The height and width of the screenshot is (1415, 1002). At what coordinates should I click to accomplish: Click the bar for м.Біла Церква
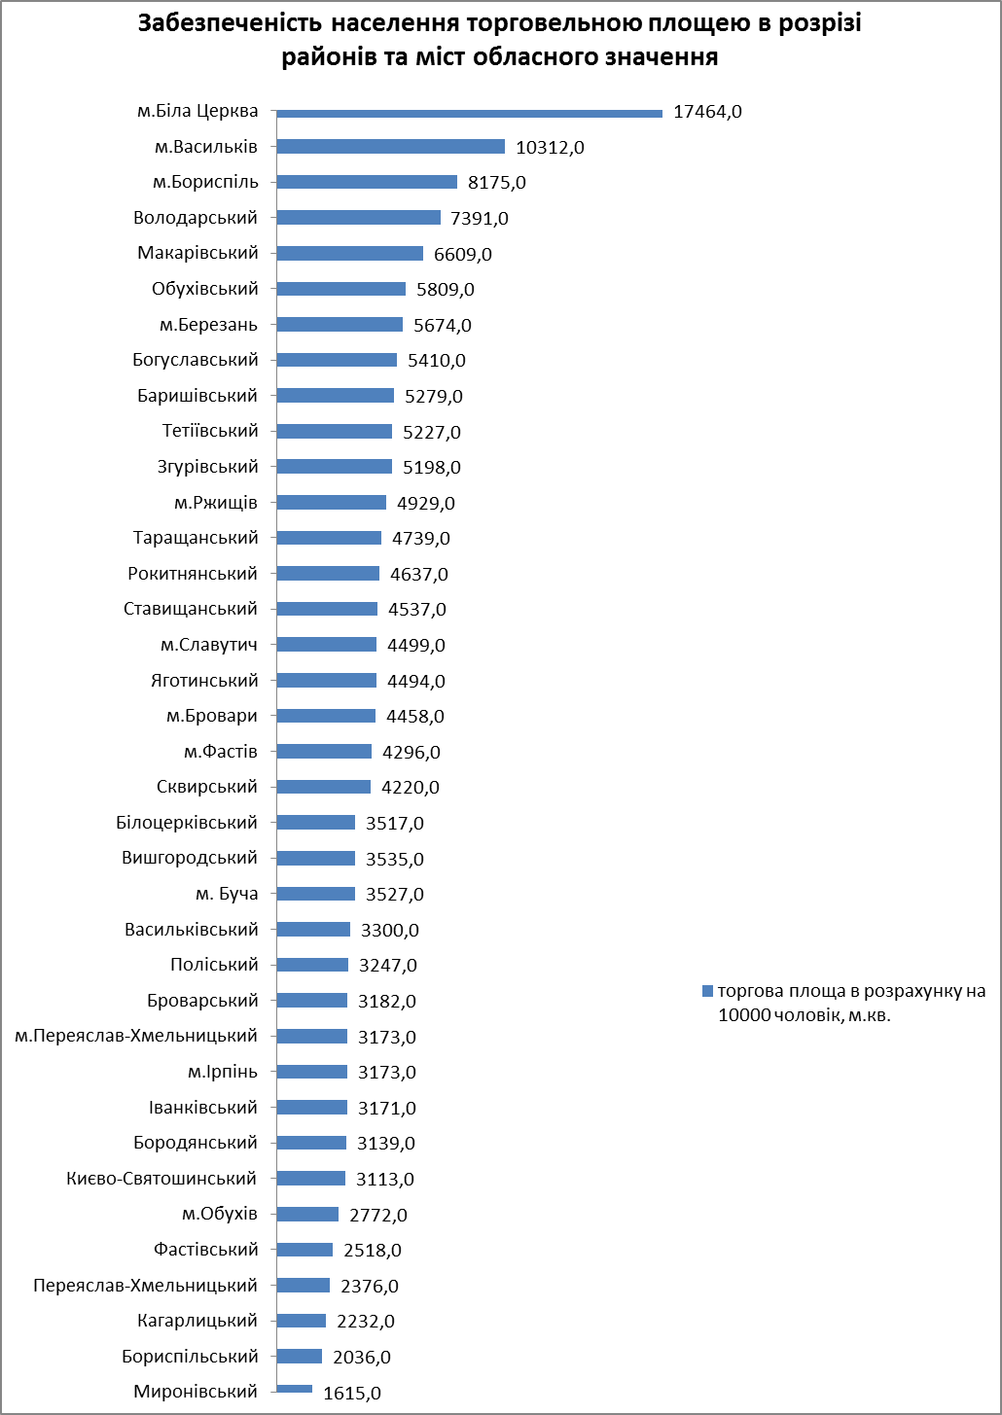point(469,113)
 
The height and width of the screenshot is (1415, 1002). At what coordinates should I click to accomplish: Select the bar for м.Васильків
point(390,147)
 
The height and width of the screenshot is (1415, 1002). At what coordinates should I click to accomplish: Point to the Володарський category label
point(196,218)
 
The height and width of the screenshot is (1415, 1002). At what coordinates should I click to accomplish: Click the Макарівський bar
point(349,254)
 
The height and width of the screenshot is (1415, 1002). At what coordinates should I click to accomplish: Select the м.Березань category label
point(208,325)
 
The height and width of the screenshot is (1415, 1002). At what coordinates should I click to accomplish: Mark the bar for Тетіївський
point(334,432)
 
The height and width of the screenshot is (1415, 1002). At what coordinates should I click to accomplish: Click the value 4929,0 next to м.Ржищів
point(426,504)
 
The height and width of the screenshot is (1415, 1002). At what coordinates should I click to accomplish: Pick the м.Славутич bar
point(326,645)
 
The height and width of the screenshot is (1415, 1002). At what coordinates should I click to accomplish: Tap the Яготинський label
point(204,681)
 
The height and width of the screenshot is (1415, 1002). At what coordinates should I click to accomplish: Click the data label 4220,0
point(411,788)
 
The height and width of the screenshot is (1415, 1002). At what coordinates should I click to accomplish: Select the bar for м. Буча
point(315,894)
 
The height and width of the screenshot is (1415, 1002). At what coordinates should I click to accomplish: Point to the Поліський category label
point(214,965)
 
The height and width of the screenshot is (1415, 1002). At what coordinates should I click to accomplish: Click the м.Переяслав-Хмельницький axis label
point(136,1036)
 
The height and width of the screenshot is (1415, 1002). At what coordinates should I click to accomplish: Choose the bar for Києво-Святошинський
point(310,1179)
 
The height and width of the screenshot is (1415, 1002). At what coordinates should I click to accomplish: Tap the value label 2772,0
point(378,1215)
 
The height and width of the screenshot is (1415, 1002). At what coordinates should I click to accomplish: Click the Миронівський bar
point(294,1389)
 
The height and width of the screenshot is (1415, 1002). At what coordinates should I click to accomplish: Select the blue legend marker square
point(707,991)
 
